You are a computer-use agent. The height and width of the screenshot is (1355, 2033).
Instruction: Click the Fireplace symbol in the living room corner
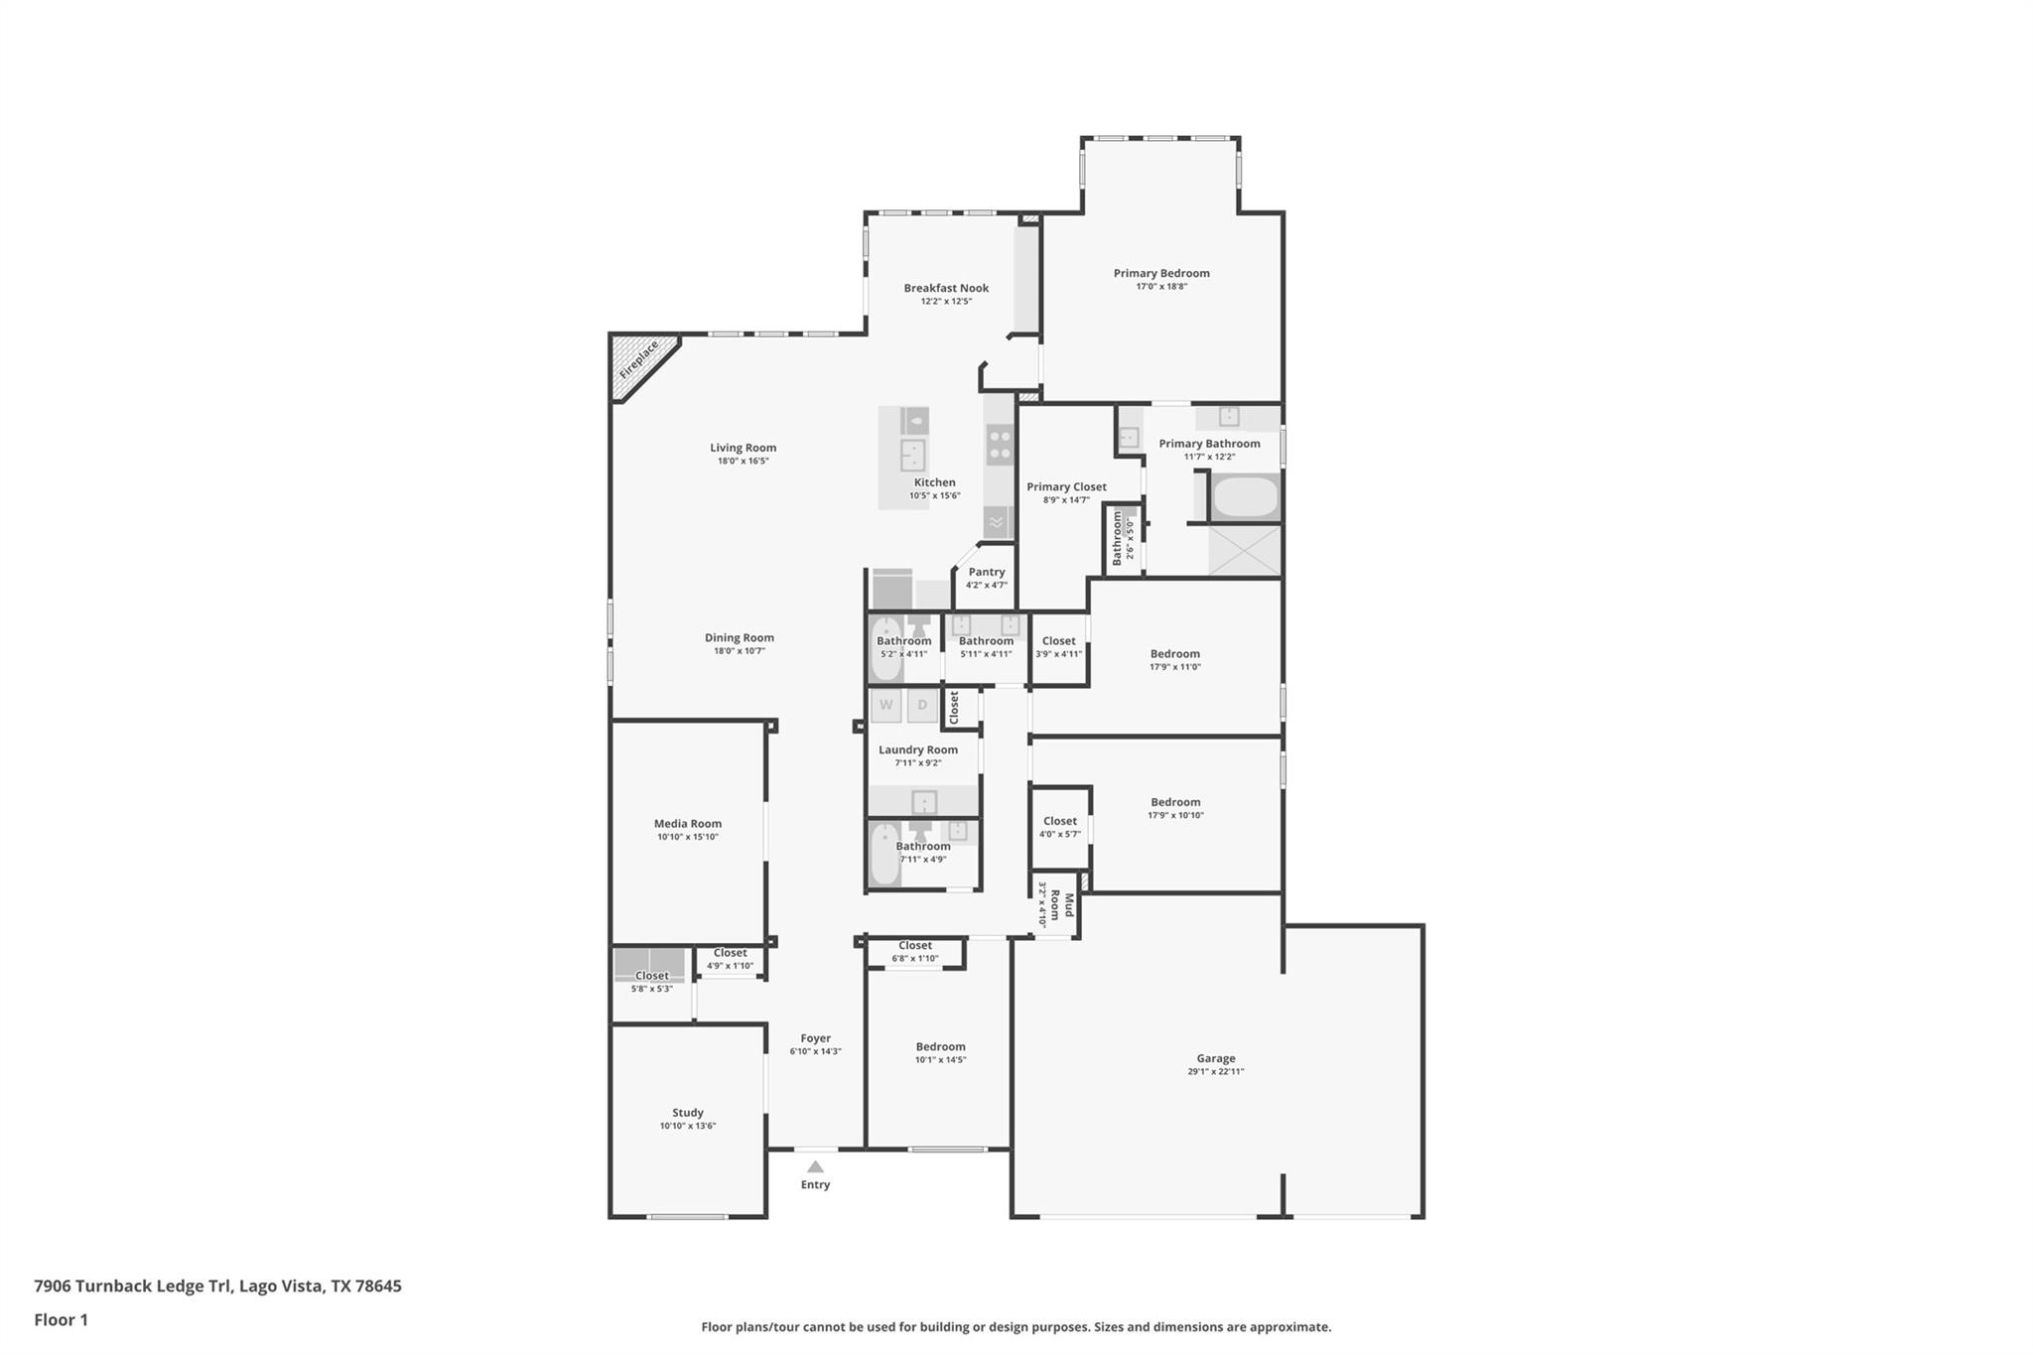click(x=637, y=360)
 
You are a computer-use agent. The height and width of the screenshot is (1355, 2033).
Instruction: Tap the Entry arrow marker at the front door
click(x=815, y=1166)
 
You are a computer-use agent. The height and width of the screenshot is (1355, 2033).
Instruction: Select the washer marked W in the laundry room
click(x=886, y=705)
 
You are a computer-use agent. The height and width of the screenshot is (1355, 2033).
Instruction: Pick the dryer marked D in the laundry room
click(x=922, y=705)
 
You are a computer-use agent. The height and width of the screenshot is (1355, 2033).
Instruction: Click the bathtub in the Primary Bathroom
click(x=1245, y=497)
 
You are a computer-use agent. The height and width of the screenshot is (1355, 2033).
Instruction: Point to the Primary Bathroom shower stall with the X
click(x=1245, y=550)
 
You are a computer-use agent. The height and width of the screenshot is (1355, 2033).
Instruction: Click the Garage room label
click(x=1215, y=1058)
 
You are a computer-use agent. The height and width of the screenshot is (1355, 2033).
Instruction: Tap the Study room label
click(x=687, y=1113)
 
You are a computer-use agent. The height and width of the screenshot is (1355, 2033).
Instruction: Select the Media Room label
click(x=687, y=823)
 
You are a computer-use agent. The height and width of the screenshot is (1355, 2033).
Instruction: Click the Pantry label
click(x=986, y=572)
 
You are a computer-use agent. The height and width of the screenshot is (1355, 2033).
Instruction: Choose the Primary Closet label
click(x=1066, y=486)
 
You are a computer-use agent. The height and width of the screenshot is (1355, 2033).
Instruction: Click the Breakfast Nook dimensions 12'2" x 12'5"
click(x=945, y=301)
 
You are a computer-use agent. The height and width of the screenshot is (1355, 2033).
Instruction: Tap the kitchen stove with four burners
click(x=999, y=444)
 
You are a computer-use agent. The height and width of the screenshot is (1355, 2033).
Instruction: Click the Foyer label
click(x=815, y=1038)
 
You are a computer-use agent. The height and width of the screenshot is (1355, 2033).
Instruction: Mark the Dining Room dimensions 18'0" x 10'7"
click(x=739, y=651)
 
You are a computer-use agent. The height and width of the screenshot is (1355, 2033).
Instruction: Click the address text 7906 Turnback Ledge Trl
click(x=133, y=1286)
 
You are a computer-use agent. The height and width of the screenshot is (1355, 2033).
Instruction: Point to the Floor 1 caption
click(x=61, y=1319)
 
